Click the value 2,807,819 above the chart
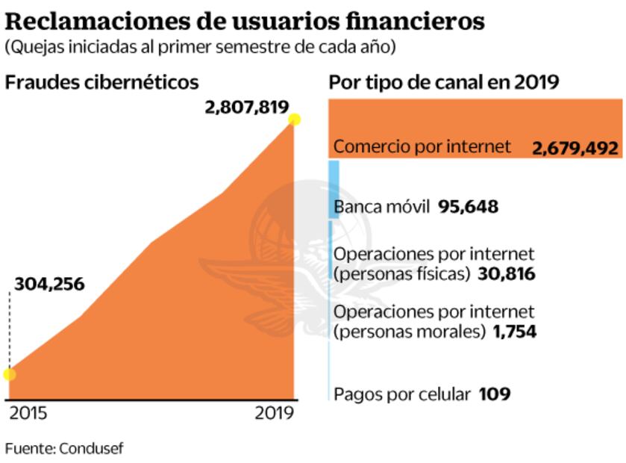246,108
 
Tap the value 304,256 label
49,284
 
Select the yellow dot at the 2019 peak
295,119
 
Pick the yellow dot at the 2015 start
9,373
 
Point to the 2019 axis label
275,412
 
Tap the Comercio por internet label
422,146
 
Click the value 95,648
468,206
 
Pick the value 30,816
505,273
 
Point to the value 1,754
514,331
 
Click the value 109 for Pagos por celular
494,394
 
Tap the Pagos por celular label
402,394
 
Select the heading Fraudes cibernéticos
102,82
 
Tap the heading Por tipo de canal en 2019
444,82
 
